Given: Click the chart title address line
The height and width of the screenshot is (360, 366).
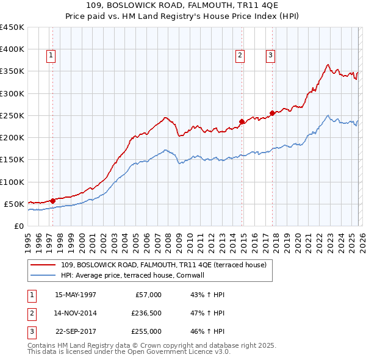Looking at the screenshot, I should (183, 5).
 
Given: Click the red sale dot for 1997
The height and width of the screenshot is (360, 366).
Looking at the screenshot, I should (52, 200).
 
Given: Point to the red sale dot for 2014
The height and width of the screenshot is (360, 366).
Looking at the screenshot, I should (242, 121).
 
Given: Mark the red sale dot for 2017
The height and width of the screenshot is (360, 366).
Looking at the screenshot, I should (272, 113).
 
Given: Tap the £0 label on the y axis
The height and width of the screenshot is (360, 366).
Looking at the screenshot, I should (18, 226).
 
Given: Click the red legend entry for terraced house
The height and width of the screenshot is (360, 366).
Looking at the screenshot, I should (163, 265).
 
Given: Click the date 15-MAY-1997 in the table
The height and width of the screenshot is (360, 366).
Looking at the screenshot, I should (76, 295).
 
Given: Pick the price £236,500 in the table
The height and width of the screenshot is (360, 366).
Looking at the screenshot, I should (146, 313).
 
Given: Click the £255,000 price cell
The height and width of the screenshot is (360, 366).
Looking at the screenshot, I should (146, 331).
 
